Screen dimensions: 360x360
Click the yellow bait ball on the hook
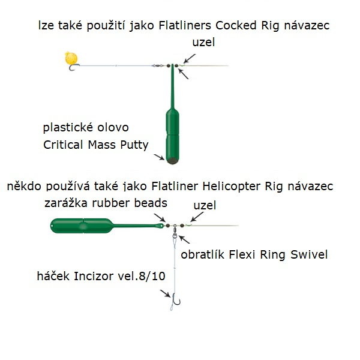click(x=71, y=59)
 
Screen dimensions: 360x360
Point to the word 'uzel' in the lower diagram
click(x=204, y=206)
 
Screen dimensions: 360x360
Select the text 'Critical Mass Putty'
click(x=95, y=145)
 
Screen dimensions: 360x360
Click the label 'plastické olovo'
click(x=86, y=128)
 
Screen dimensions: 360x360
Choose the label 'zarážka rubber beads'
click(x=106, y=203)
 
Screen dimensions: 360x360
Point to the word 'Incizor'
click(x=109, y=277)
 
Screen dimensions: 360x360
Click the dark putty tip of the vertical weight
click(x=173, y=161)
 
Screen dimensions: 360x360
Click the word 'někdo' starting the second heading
click(x=23, y=187)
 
